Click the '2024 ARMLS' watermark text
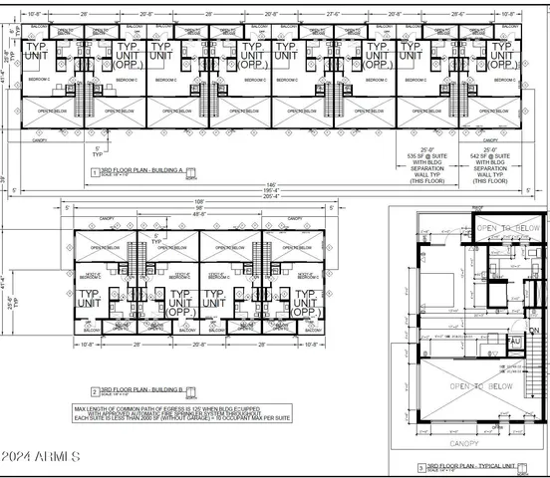41,456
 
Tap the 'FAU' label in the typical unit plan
515,342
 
